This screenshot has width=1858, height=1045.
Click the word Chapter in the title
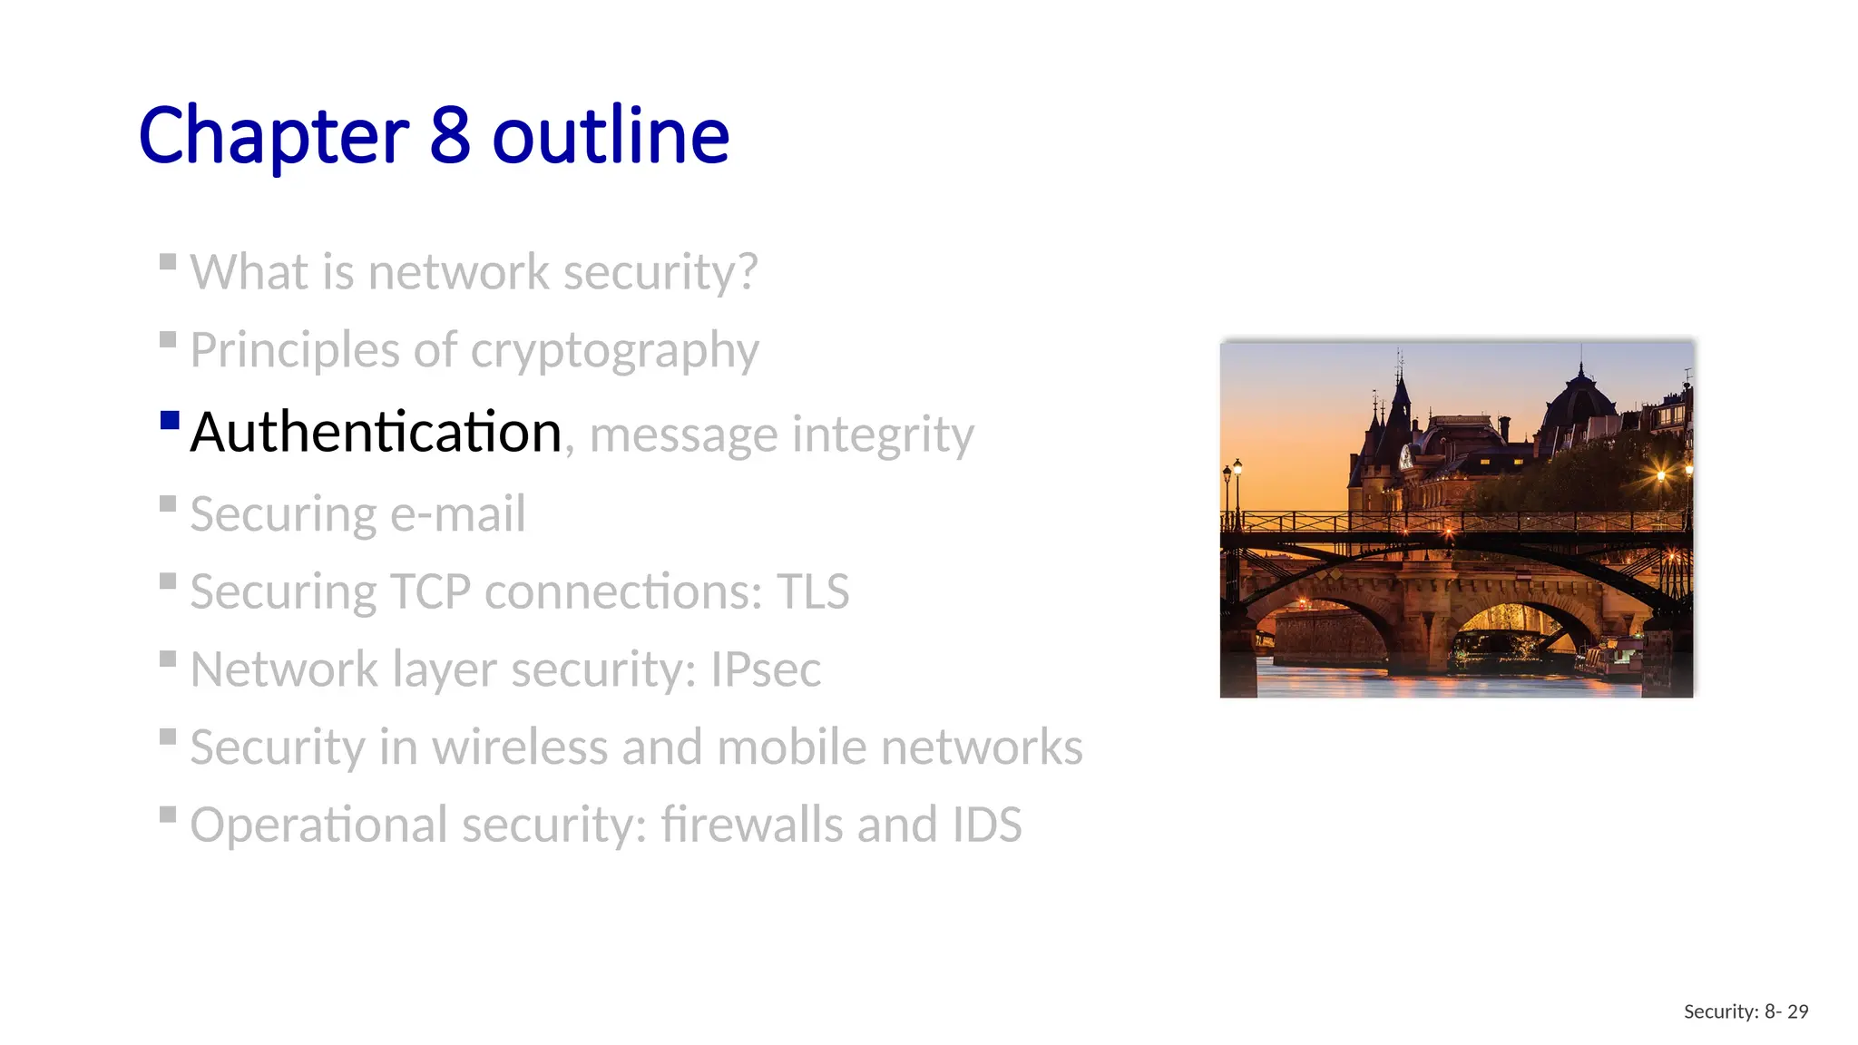point(273,136)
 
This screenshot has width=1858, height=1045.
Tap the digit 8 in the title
point(450,136)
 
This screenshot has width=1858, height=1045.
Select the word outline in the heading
point(611,136)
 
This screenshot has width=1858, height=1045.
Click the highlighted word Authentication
point(376,432)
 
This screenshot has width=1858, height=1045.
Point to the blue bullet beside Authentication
point(169,420)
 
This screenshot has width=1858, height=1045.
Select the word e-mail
point(457,514)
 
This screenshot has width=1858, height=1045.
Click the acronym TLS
point(812,592)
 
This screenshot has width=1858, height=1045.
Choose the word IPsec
point(765,670)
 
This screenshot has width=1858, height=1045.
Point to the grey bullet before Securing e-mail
point(168,503)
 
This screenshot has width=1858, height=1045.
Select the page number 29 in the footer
point(1797,1011)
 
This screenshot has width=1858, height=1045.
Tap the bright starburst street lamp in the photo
point(1661,474)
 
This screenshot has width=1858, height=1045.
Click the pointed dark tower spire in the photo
point(1401,390)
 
